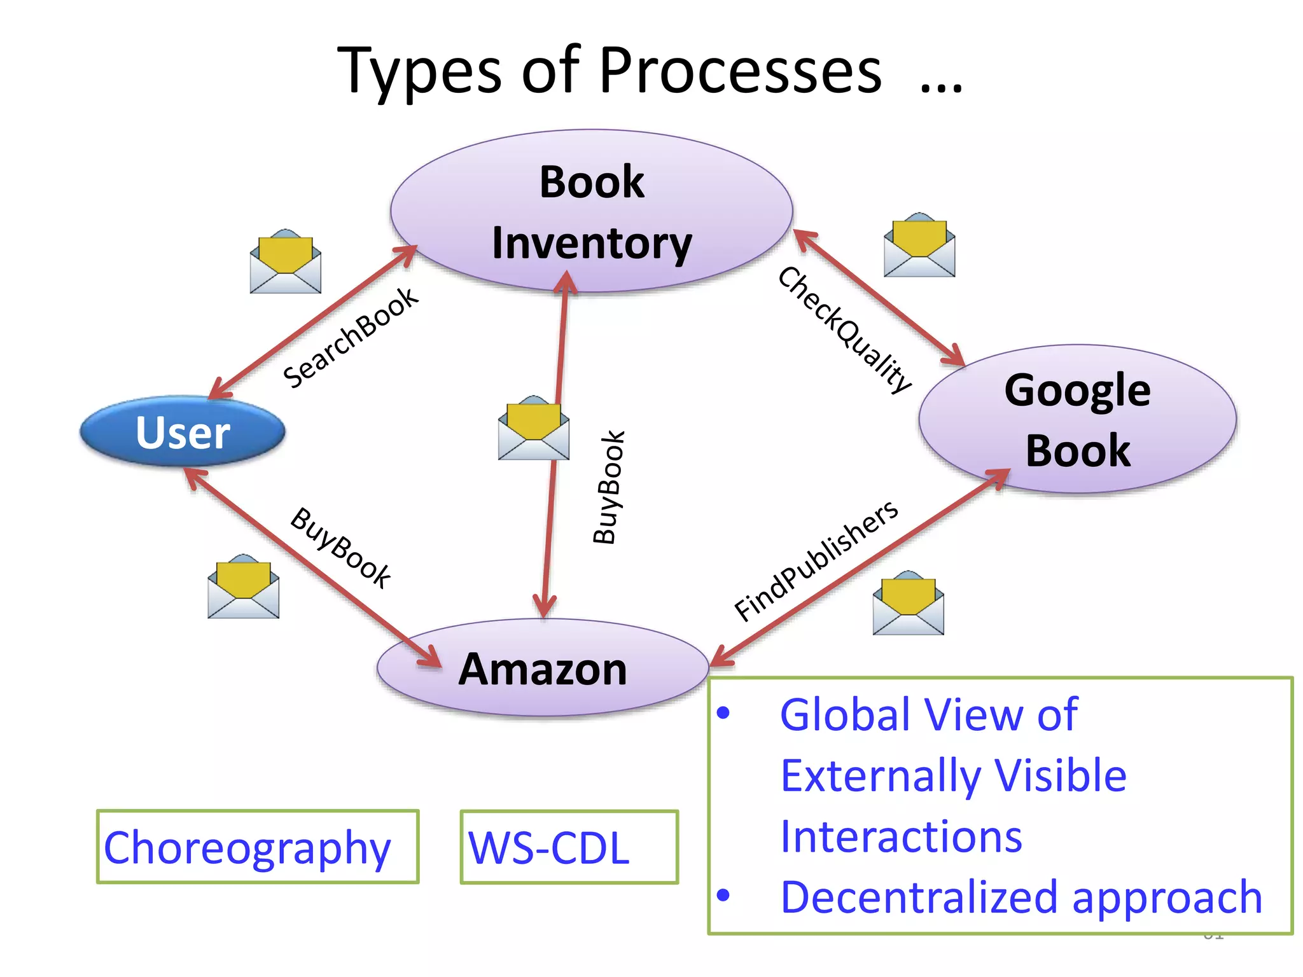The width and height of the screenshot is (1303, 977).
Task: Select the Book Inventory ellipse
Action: click(x=592, y=212)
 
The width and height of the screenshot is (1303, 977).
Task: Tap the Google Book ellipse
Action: click(x=1077, y=420)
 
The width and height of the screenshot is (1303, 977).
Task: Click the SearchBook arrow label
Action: click(x=351, y=338)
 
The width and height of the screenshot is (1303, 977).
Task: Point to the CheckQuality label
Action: click(x=845, y=330)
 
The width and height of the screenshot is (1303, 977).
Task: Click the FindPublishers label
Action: click(x=816, y=560)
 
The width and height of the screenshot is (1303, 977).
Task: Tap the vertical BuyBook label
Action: click(x=609, y=487)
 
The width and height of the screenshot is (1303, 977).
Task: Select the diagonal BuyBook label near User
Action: click(x=340, y=548)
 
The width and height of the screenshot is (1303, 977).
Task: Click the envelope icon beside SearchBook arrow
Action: click(x=286, y=261)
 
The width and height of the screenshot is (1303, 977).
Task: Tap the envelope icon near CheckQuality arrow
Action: click(x=919, y=246)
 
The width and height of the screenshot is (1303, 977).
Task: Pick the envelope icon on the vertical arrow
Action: click(x=533, y=428)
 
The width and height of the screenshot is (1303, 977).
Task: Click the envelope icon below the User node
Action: click(x=244, y=586)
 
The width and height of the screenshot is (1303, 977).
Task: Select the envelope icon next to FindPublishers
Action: click(x=908, y=603)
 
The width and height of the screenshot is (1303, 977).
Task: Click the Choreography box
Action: click(x=257, y=847)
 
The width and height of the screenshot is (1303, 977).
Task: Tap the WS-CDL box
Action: click(x=569, y=847)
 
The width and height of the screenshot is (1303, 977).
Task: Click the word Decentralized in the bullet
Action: click(x=923, y=897)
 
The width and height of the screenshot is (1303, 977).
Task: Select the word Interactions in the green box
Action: click(x=901, y=836)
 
